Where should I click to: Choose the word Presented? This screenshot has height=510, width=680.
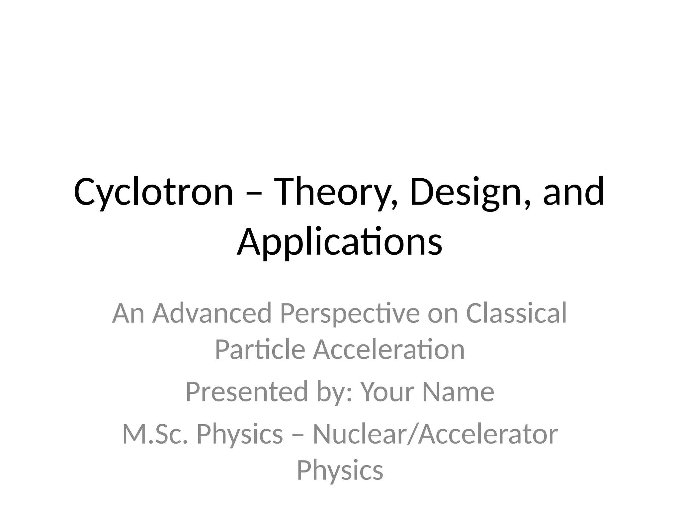pos(247,392)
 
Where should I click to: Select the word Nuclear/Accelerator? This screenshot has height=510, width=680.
pos(435,434)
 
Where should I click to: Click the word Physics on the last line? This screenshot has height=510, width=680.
pos(340,470)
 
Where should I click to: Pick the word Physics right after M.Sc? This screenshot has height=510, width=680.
pos(240,434)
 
